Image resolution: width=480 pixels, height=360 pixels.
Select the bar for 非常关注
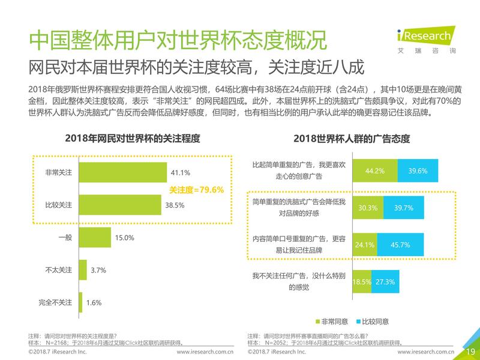tap(123, 172)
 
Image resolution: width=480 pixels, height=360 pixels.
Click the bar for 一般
tap(95, 238)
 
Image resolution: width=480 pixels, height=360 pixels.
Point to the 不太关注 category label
tap(59, 270)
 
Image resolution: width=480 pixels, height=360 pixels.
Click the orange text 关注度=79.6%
tap(197, 190)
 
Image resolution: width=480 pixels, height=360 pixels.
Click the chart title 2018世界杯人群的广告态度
tap(352, 139)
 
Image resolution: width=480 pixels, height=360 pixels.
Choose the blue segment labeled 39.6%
tap(418, 171)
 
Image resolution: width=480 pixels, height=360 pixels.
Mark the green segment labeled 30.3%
tap(368, 208)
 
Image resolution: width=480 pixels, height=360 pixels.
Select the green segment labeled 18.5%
tap(362, 281)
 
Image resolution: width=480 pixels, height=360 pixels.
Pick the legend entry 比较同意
tap(373, 321)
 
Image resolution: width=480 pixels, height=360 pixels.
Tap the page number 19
tap(471, 350)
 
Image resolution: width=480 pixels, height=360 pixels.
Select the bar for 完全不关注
tap(81, 302)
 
